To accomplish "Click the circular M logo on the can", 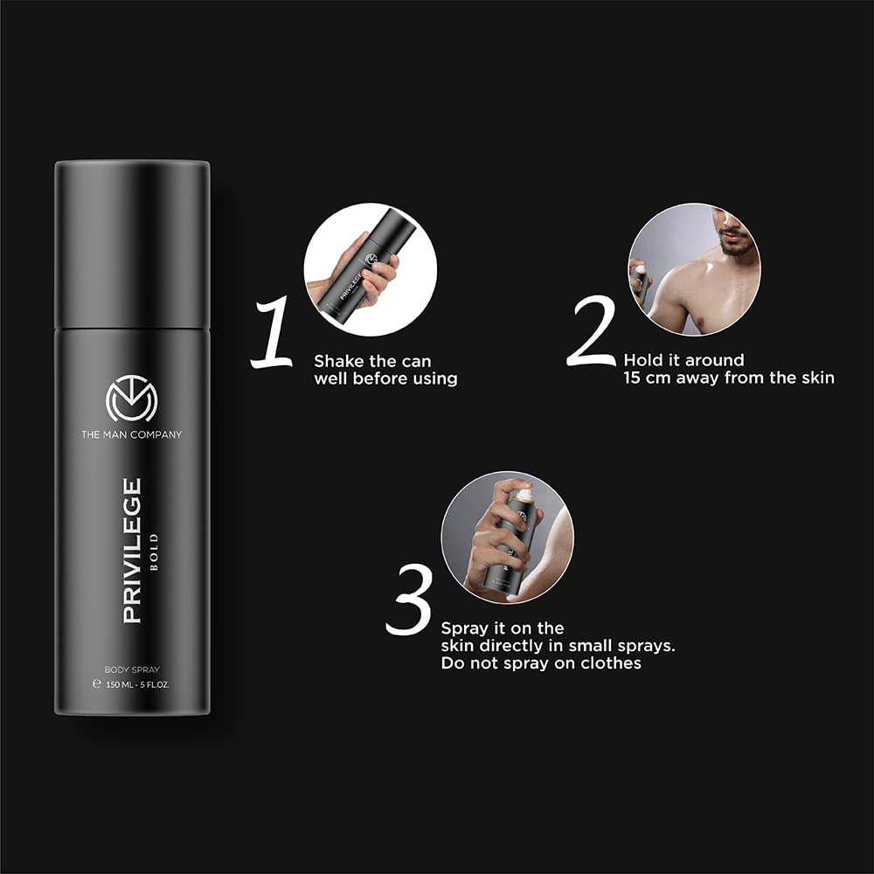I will click(132, 398).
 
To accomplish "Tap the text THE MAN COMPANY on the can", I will click(132, 434).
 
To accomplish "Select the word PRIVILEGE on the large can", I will click(132, 550).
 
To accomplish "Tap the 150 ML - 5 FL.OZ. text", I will click(132, 684).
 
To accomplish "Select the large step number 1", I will click(273, 333).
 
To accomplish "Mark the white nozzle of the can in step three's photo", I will click(523, 495).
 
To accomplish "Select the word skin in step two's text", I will click(818, 378).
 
